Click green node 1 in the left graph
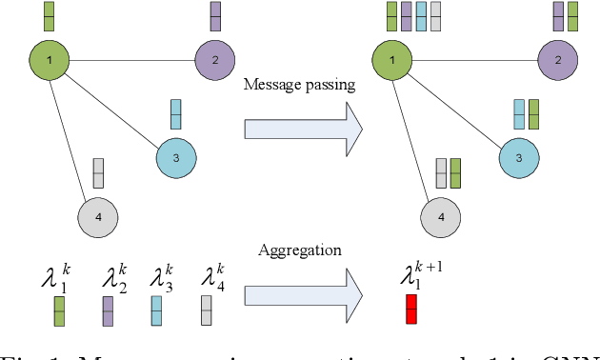pyautogui.click(x=48, y=60)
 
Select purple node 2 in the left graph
pyautogui.click(x=215, y=60)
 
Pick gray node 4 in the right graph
pyautogui.click(x=439, y=217)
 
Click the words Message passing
pyautogui.click(x=299, y=85)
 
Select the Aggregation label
pyautogui.click(x=299, y=250)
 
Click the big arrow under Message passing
pyautogui.click(x=303, y=128)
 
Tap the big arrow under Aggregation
pyautogui.click(x=303, y=290)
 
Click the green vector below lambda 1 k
pyautogui.click(x=59, y=310)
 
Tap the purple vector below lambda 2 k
pyautogui.click(x=109, y=310)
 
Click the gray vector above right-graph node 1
pyautogui.click(x=435, y=16)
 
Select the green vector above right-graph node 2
pyautogui.click(x=572, y=16)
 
